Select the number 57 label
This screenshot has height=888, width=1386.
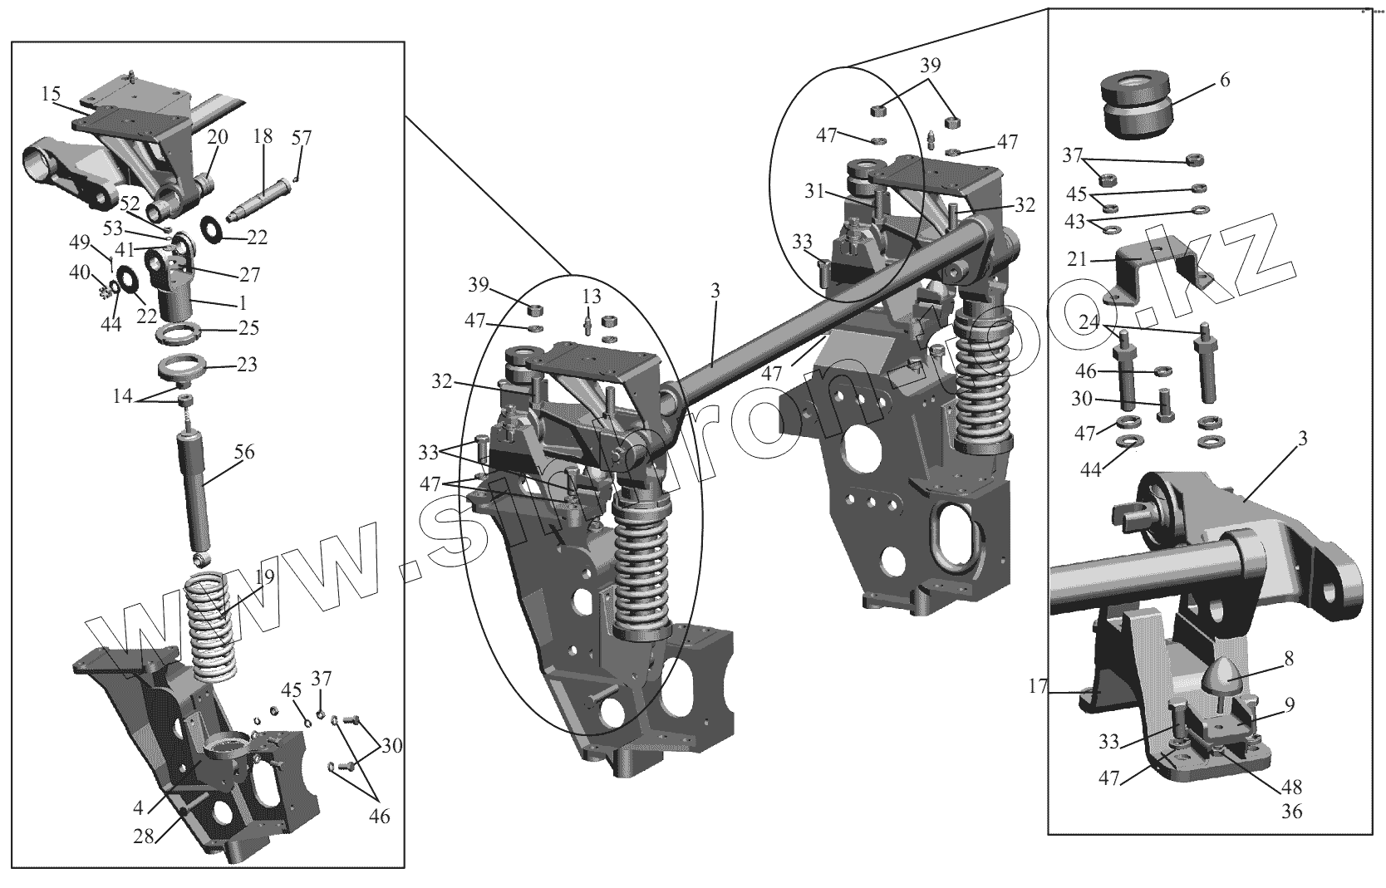302,138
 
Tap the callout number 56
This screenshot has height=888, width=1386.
244,453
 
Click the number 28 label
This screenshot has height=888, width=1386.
144,836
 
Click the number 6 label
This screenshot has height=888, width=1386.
1225,81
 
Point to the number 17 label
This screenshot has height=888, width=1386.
1036,687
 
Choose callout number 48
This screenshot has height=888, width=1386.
1292,787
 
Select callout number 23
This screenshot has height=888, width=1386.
247,365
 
